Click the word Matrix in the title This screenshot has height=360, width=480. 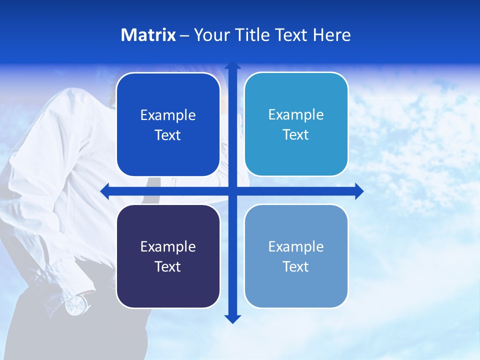point(148,35)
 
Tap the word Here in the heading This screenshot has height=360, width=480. point(331,35)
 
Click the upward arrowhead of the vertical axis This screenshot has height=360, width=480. point(232,66)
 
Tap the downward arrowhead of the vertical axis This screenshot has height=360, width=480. point(232,318)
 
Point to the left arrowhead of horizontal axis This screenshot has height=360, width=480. point(105,191)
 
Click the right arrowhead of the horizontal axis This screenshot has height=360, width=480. point(358,191)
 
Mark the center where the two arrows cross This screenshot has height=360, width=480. point(232,191)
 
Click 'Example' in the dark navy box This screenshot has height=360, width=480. point(168,246)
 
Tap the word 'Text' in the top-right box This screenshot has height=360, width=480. point(296,134)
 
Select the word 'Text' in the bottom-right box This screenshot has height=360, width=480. point(296,266)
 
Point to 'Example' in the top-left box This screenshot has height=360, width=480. point(168,115)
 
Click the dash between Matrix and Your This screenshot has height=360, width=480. point(184,35)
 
